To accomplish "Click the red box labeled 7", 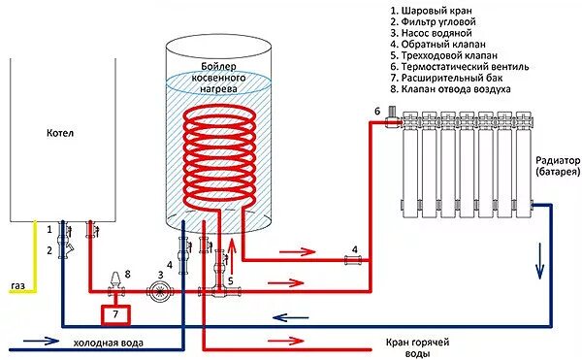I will point(115,315).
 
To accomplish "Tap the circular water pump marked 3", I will point(152,290).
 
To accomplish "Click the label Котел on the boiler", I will point(59,132).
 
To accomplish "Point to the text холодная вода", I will point(108,343).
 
